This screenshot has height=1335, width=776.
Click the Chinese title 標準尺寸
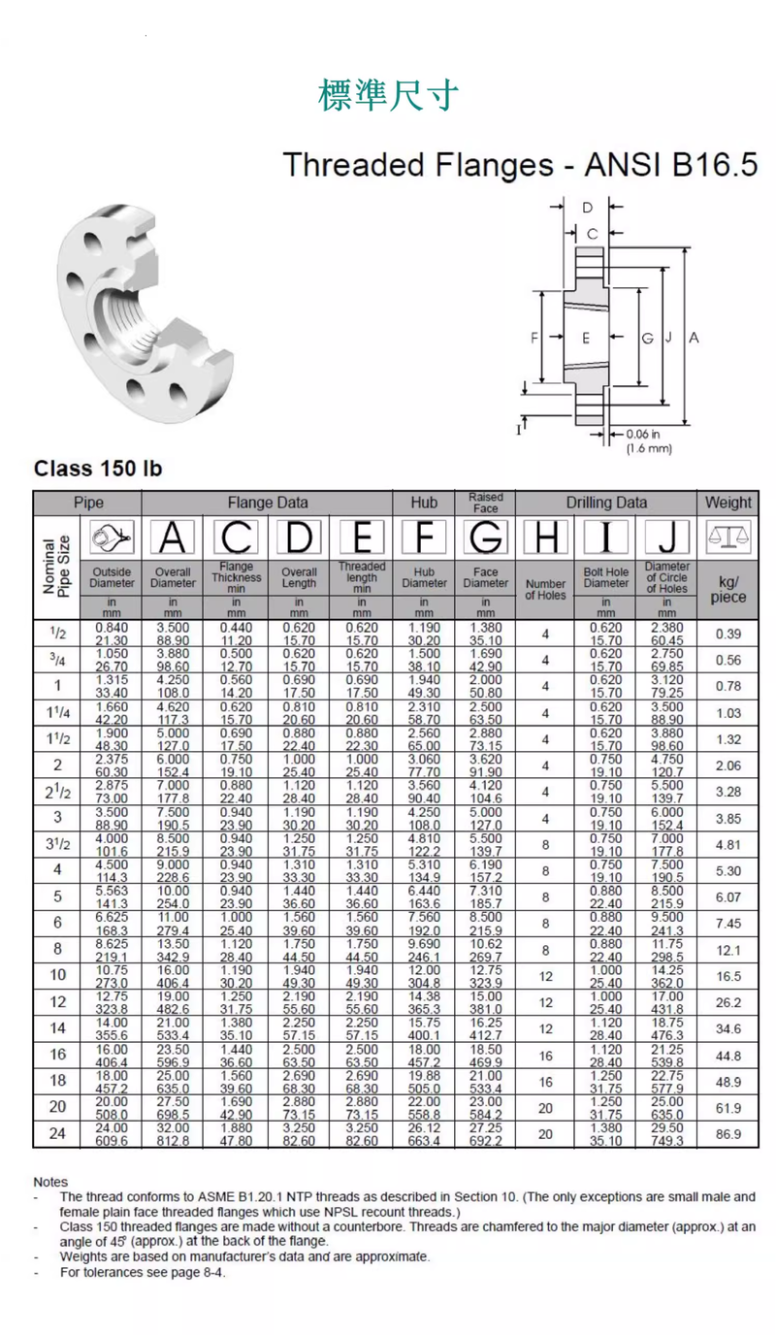click(388, 95)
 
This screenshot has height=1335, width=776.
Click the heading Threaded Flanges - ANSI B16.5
click(520, 164)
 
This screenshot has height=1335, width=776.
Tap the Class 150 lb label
click(97, 469)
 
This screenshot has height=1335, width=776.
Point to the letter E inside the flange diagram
click(586, 338)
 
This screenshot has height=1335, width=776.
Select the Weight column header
click(727, 503)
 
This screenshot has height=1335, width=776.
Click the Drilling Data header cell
click(606, 503)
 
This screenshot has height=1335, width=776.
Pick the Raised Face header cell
click(485, 503)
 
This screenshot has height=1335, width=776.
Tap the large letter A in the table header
click(173, 538)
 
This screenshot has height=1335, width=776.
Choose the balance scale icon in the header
click(727, 537)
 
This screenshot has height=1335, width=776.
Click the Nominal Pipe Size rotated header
click(57, 566)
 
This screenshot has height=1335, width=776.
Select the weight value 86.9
click(727, 1134)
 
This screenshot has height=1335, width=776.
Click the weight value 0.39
click(727, 634)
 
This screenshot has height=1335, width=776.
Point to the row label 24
click(58, 1134)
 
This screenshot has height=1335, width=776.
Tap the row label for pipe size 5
click(58, 897)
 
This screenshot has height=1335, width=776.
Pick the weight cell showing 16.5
click(727, 976)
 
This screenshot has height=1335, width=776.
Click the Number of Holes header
click(545, 590)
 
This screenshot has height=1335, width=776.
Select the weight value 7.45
click(727, 924)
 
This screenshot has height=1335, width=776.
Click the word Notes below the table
click(50, 1182)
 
